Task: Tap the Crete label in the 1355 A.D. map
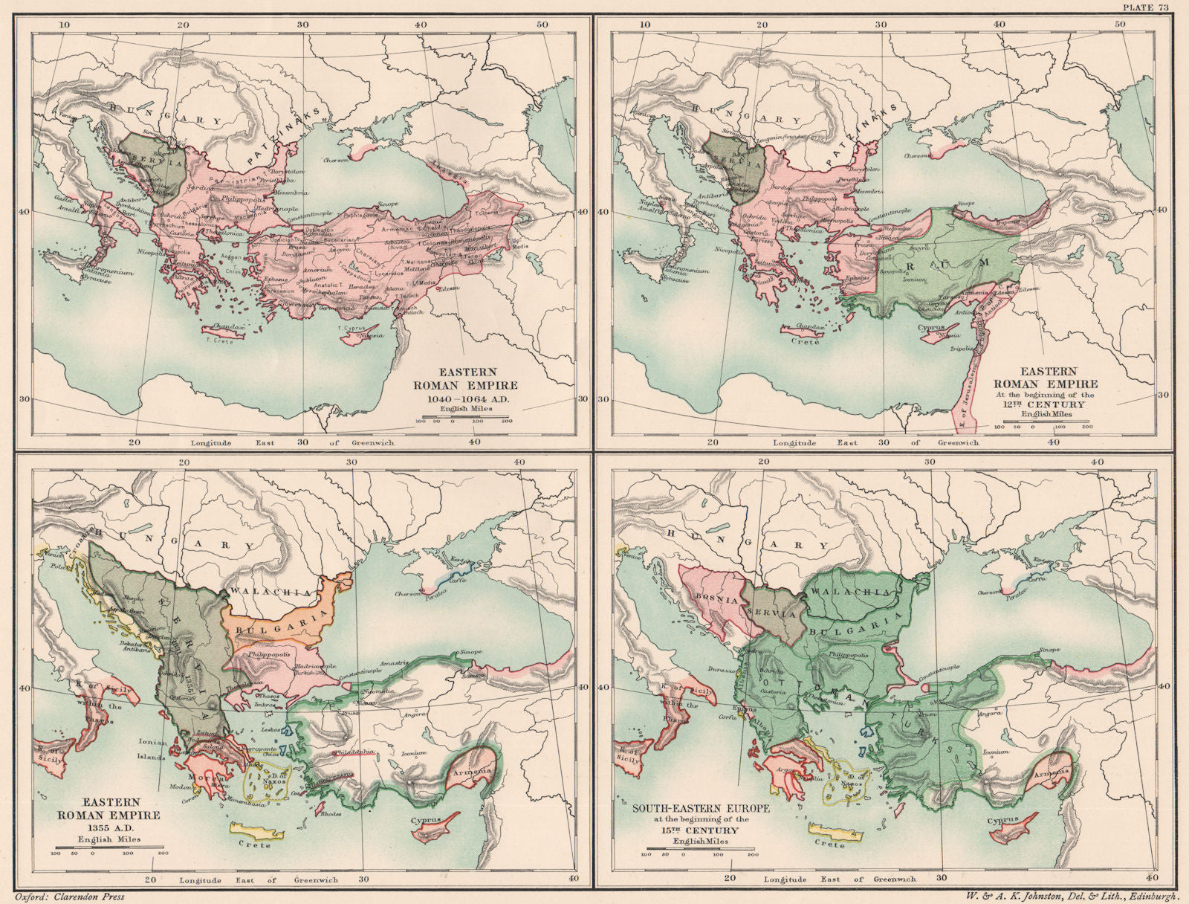[x=255, y=845]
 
